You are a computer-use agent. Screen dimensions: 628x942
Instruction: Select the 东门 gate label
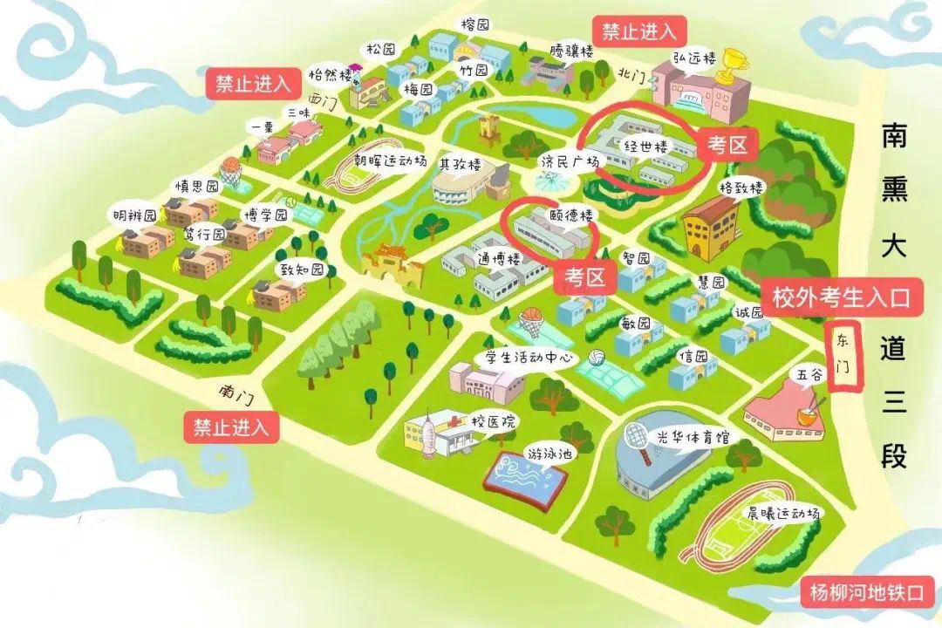(x=843, y=358)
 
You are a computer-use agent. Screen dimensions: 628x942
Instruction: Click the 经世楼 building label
(x=645, y=147)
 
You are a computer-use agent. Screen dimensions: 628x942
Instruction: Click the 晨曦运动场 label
(x=782, y=513)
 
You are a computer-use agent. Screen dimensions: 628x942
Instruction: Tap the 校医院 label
(x=494, y=422)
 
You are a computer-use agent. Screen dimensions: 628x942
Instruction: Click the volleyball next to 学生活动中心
(x=597, y=358)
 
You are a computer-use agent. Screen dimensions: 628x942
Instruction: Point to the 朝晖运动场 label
(x=389, y=161)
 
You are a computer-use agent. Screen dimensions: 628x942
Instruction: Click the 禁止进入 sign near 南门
(x=231, y=427)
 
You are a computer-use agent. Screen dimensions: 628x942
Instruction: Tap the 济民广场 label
(x=570, y=162)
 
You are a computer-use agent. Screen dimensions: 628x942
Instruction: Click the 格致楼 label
(x=741, y=188)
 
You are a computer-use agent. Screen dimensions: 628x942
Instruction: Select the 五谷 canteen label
(x=808, y=375)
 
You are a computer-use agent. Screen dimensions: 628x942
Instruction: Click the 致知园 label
(x=301, y=270)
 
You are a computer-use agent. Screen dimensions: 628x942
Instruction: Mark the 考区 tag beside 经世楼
(x=727, y=146)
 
